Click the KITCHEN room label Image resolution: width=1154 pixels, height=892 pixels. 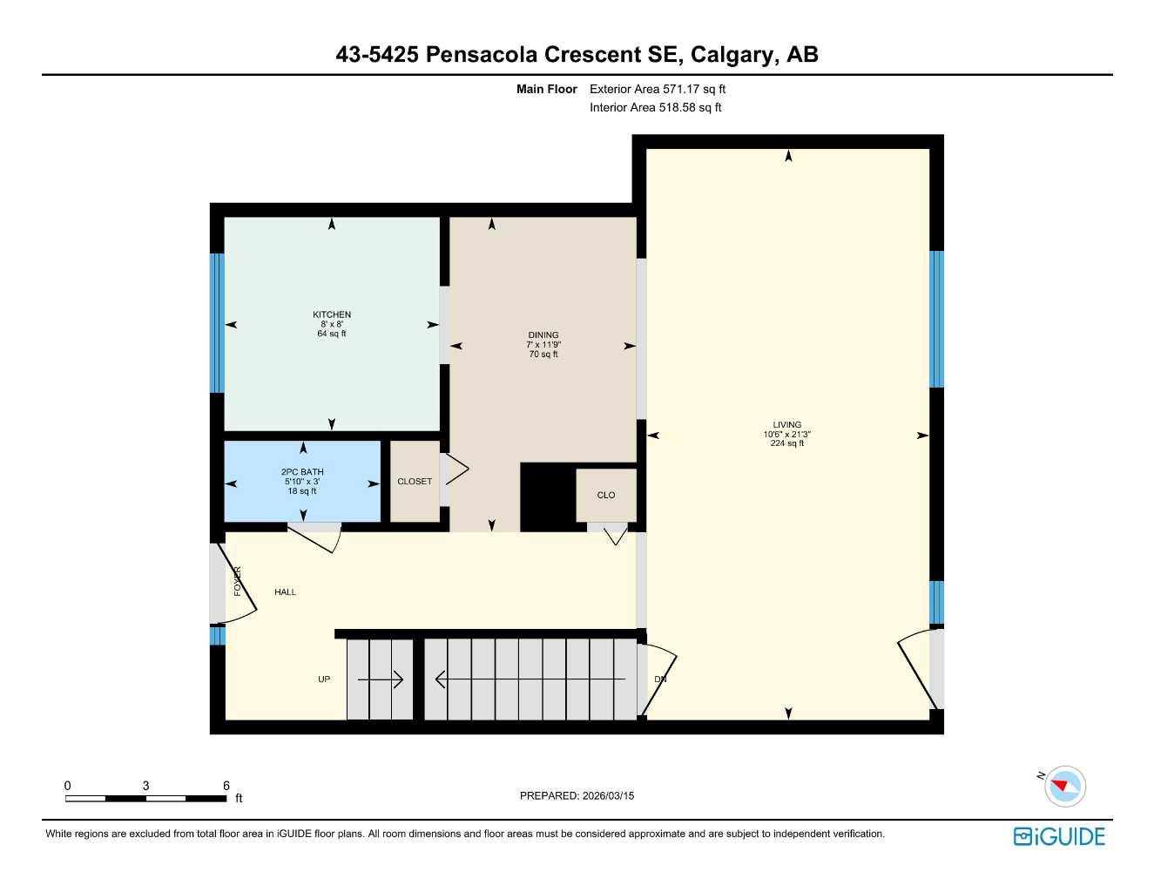coord(332,315)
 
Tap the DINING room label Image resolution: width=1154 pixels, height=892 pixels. coord(543,335)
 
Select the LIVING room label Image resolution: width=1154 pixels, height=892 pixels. coord(787,425)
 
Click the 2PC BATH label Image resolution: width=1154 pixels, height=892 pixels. coord(302,472)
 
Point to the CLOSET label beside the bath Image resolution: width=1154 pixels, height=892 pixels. coord(415,482)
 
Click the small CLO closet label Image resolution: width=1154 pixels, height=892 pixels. coord(606,495)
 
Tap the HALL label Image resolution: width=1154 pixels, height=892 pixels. coord(286,592)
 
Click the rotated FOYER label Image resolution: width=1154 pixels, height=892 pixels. coord(237,581)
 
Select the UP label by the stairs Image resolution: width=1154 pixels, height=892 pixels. coord(324,679)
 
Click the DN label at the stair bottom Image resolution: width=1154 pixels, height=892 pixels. coord(660,679)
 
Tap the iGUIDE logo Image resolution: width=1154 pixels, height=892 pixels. coord(1059,836)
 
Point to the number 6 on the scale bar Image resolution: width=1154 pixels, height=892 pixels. coord(226,786)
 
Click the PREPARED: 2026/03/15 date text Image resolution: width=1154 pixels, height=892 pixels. coord(577,795)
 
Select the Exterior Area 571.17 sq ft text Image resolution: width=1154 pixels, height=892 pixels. coord(658,89)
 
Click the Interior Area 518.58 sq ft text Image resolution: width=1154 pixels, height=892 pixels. coord(656,108)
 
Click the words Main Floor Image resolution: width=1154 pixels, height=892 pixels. coord(547,89)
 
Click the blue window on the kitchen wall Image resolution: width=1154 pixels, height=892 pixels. coord(217,322)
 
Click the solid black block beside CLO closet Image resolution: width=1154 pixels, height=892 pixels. coord(548,497)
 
